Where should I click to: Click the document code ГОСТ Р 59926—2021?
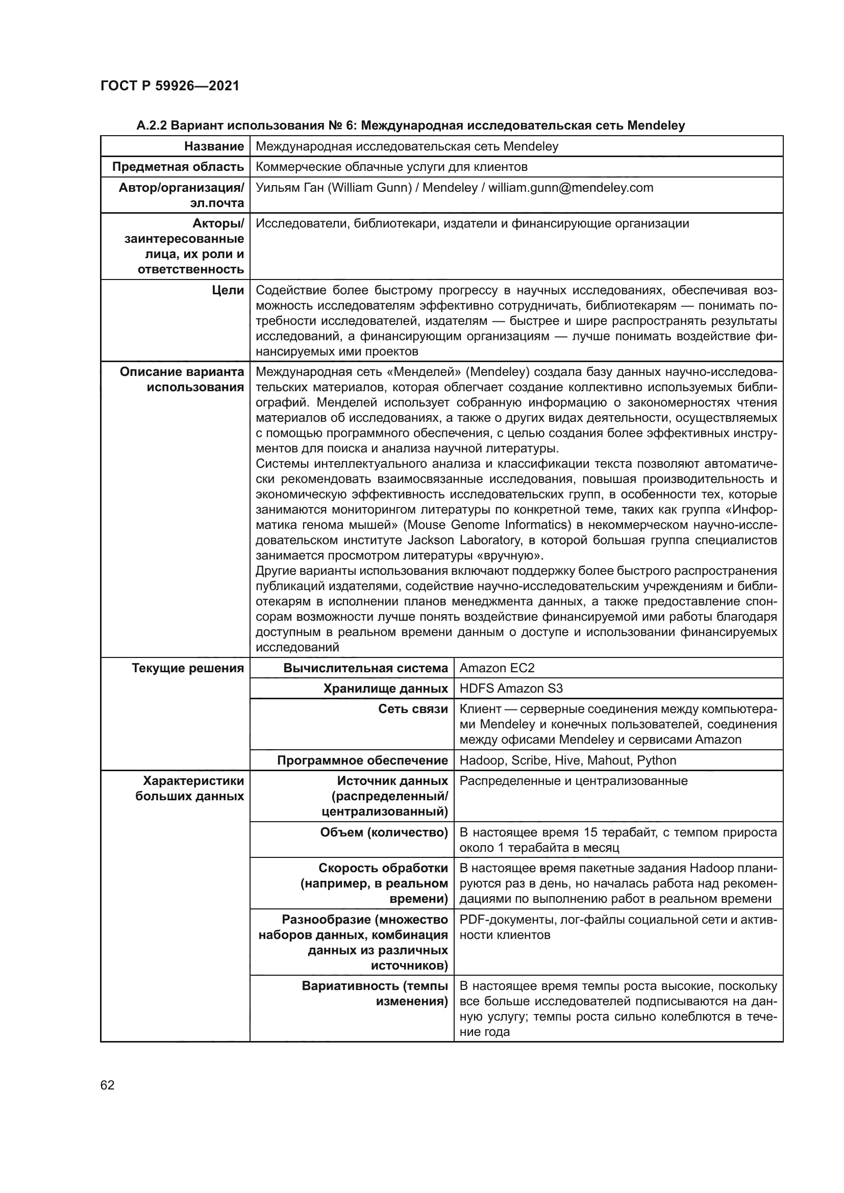pos(170,86)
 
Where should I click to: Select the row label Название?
pos(214,146)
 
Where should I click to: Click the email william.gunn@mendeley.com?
pos(570,188)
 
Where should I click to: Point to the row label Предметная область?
pos(178,167)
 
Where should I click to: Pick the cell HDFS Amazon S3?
pos(511,689)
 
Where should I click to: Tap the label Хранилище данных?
pos(385,689)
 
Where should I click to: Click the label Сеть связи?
pos(413,710)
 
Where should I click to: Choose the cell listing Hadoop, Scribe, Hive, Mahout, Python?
pos(567,760)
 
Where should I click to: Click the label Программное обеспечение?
pos(362,760)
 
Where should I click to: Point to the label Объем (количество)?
pos(384,833)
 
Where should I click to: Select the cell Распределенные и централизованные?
pos(573,781)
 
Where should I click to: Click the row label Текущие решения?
pos(188,668)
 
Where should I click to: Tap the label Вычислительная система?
pos(365,668)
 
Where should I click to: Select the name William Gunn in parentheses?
pos(369,188)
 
